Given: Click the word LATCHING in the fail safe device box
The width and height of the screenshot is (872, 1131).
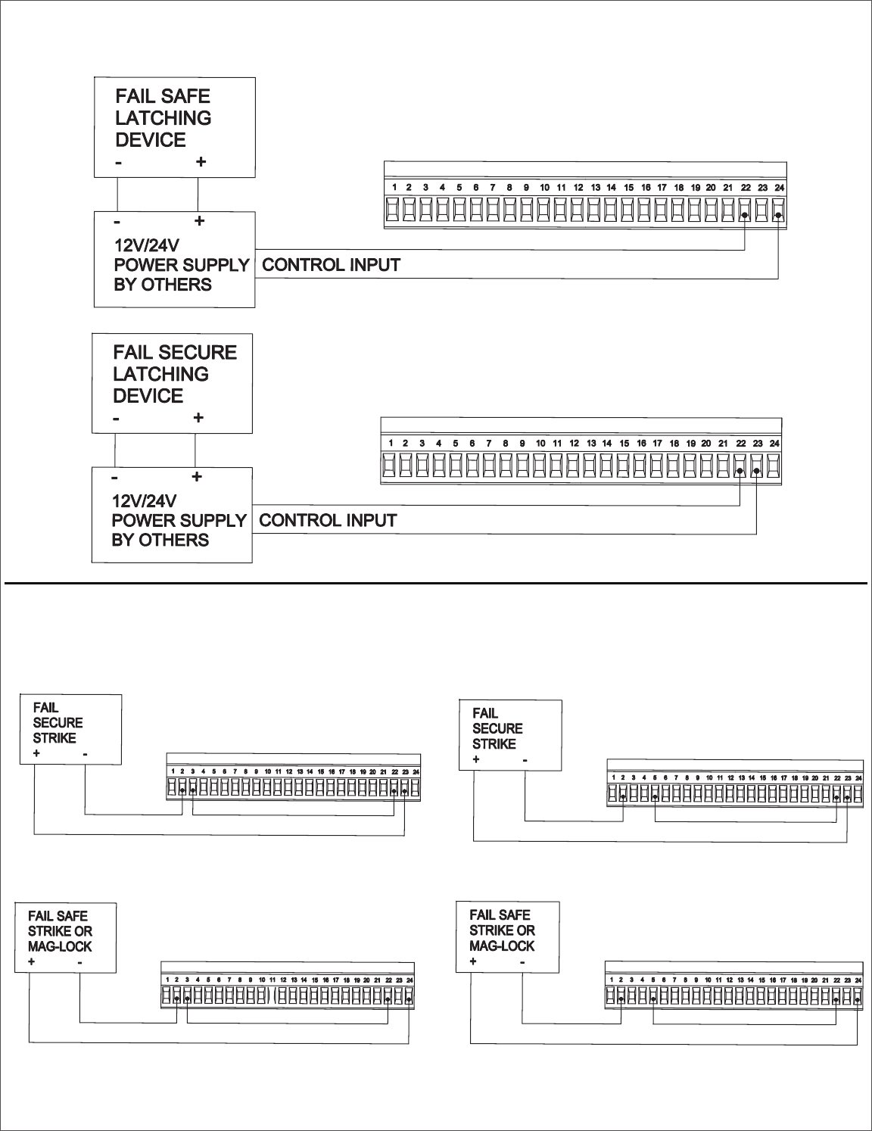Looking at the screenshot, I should tap(163, 118).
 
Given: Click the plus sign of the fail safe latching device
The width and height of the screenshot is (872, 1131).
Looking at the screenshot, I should tap(201, 162).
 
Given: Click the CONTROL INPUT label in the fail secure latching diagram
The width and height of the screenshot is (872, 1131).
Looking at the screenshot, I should tap(328, 521).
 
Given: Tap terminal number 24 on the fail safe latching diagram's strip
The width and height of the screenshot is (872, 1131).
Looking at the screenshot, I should tap(780, 187).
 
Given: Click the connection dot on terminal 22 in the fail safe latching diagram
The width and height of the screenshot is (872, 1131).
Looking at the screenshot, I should tap(746, 216).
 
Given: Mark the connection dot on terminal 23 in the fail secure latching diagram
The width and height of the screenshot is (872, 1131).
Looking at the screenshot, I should tap(757, 472).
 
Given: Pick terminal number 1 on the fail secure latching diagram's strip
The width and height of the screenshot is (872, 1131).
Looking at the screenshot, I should tap(391, 443).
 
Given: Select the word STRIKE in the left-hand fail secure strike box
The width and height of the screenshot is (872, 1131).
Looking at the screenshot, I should tap(54, 738).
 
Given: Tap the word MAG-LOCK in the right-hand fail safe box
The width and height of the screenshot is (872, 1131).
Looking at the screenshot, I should tap(502, 946).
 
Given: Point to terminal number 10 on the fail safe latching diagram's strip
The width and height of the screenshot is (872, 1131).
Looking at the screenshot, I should tap(544, 187).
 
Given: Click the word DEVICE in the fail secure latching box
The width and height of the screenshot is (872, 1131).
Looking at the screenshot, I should tap(148, 396).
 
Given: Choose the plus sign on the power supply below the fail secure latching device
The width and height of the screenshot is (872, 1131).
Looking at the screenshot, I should tap(196, 477).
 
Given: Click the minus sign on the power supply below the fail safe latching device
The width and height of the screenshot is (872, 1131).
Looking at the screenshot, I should tap(118, 222).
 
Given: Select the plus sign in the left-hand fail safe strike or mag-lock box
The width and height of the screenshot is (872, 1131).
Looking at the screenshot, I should tap(32, 962).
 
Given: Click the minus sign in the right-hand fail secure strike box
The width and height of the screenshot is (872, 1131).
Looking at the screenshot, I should tap(524, 759).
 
